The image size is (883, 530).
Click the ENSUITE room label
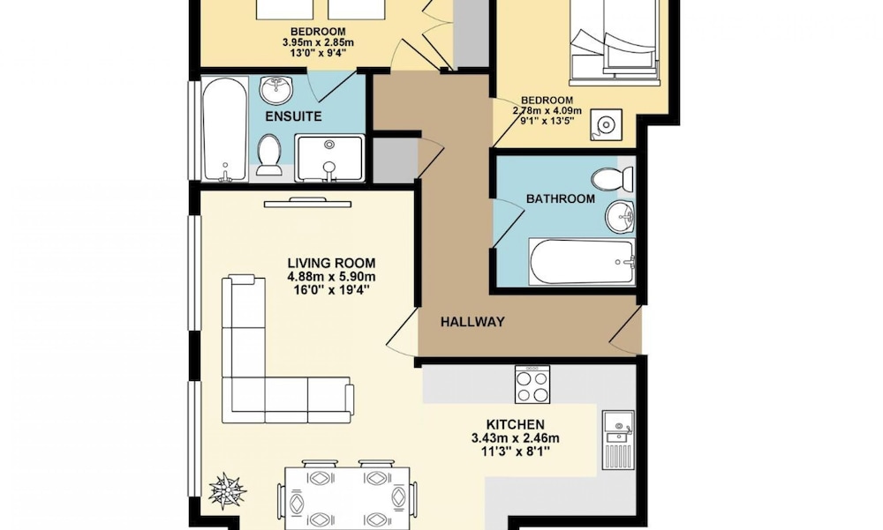point(293,116)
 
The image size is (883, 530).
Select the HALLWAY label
point(472,322)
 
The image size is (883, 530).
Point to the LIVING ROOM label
point(331,263)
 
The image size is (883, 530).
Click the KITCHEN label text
point(516,425)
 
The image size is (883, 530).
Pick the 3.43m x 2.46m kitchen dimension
point(516,438)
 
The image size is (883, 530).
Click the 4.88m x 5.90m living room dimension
point(331,277)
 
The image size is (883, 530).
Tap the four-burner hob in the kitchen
point(532,384)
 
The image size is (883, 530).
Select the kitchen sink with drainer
point(618,439)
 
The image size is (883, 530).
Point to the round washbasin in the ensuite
point(276,91)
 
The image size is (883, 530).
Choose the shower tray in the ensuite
point(329,159)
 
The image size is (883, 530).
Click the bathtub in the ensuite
point(224,130)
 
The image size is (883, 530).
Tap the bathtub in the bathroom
point(582,262)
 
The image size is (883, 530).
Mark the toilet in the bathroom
point(613,179)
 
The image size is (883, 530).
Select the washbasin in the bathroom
point(620,215)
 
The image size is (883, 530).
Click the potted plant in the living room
point(227,490)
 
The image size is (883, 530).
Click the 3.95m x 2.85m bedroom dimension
point(318,42)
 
